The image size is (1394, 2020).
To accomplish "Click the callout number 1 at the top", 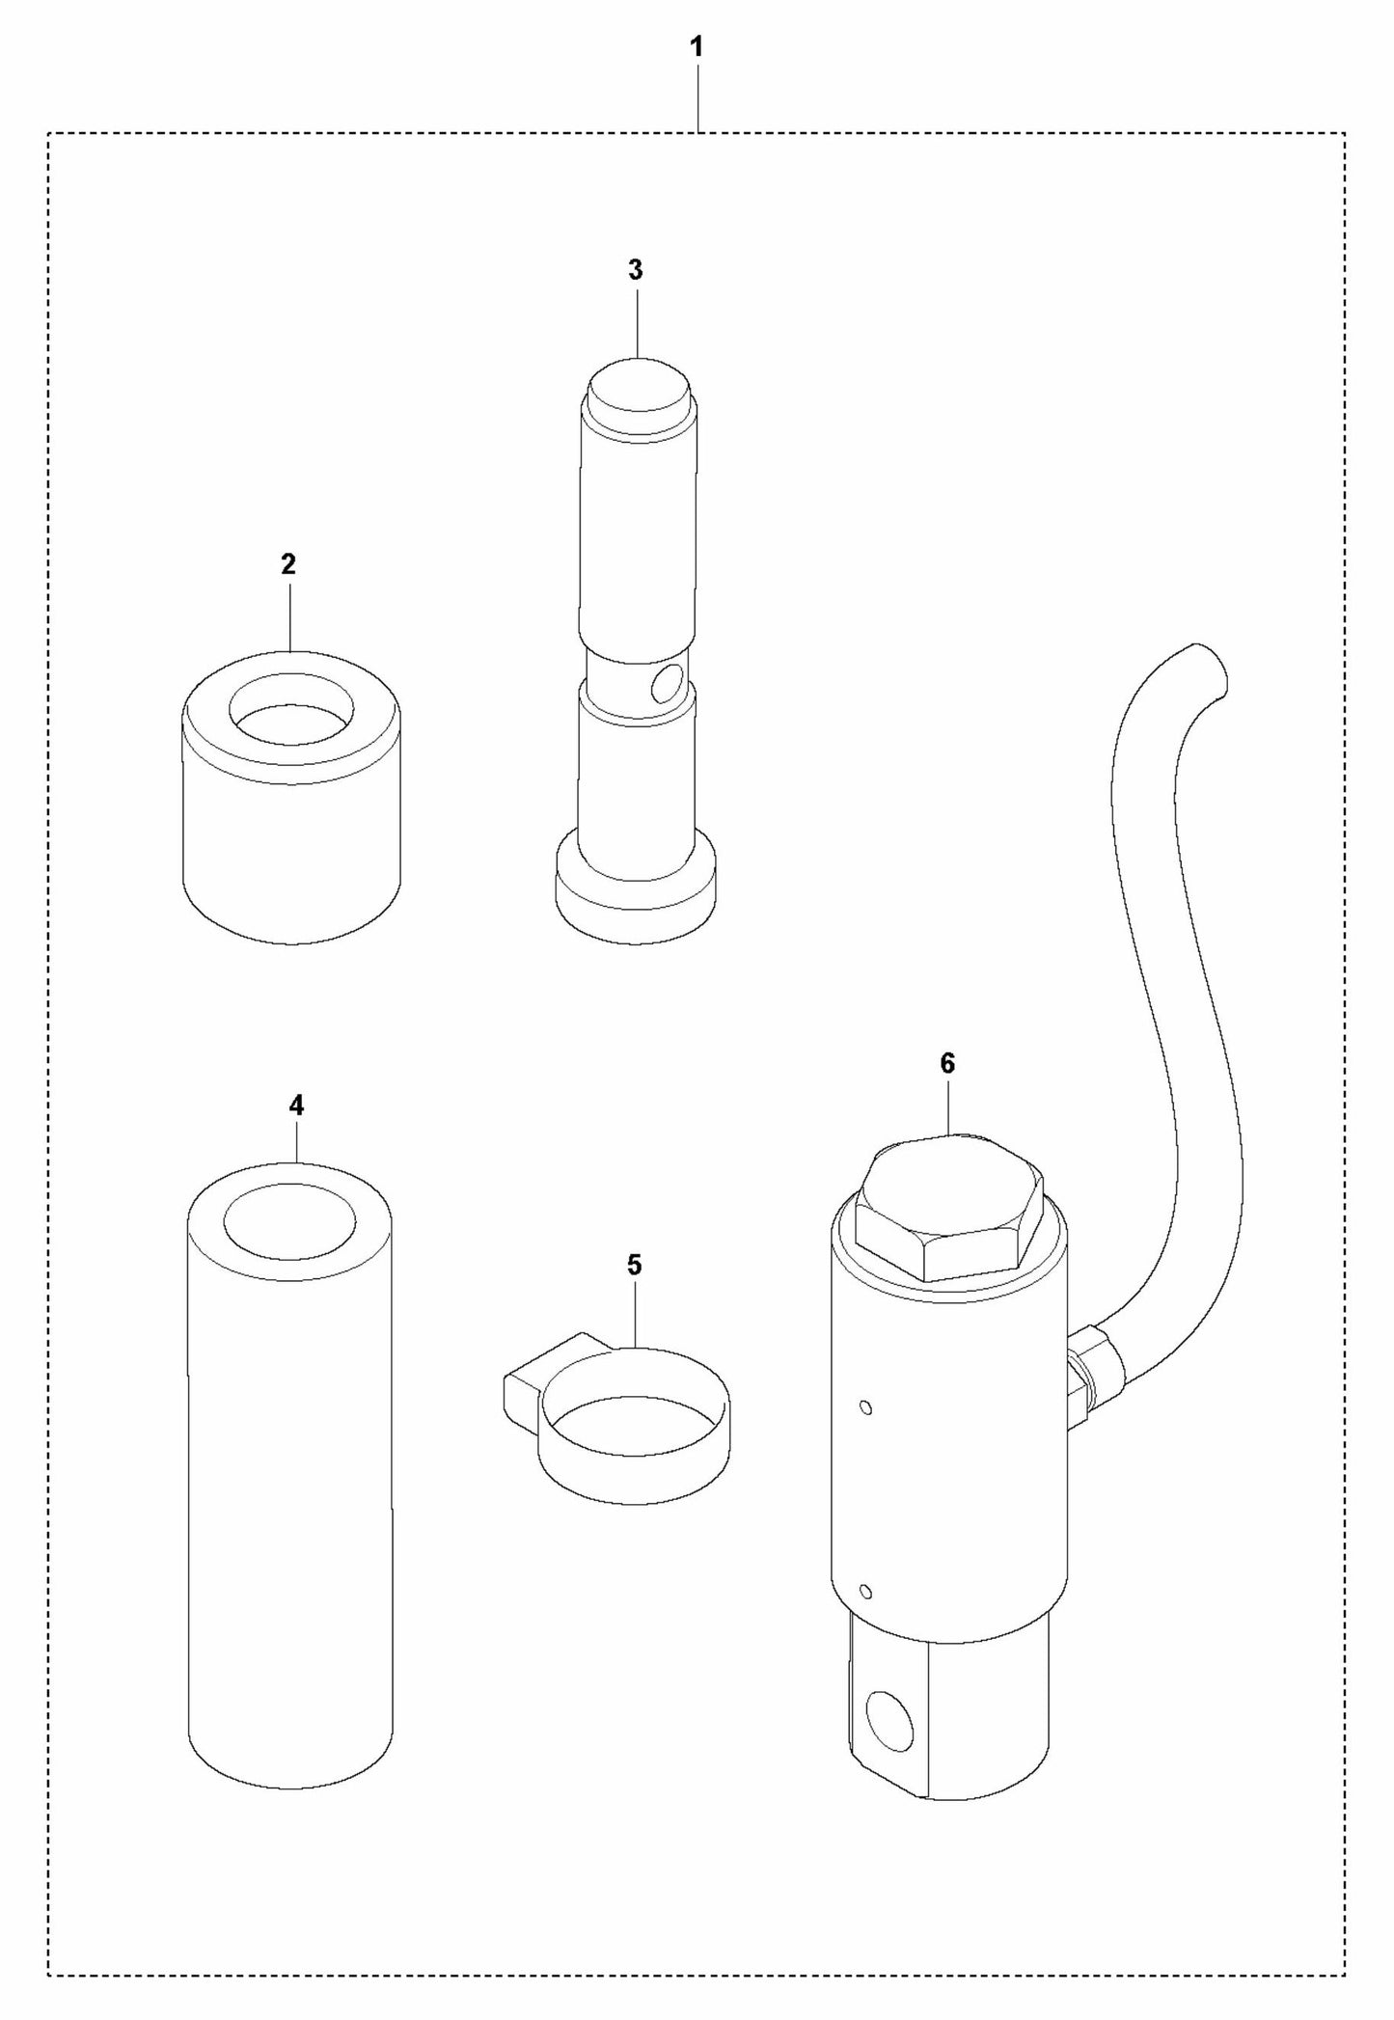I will coord(697,46).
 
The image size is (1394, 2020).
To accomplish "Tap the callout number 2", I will coord(288,564).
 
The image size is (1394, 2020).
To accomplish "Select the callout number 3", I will coord(635,271).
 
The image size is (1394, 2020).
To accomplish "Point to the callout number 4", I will coord(296,1106).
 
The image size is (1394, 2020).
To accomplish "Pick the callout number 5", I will coord(634,1265).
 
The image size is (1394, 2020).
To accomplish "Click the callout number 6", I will coord(947,1064).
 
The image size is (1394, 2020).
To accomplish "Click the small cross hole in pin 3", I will coord(665,686).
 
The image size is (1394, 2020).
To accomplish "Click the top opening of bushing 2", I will coord(291,712).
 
